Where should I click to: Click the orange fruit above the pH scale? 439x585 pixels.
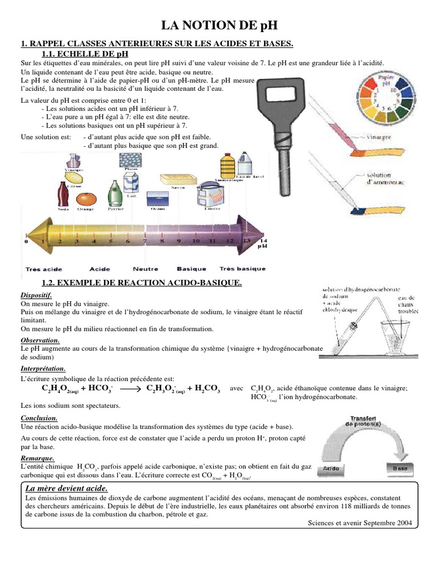[x=87, y=199]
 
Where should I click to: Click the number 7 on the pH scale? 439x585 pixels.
[x=145, y=241]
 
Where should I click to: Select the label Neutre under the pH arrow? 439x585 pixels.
[x=145, y=269]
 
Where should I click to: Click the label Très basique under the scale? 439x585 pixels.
[x=242, y=269]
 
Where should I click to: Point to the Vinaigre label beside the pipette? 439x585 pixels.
[x=380, y=138]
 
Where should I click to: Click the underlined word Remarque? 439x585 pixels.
[x=38, y=458]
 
